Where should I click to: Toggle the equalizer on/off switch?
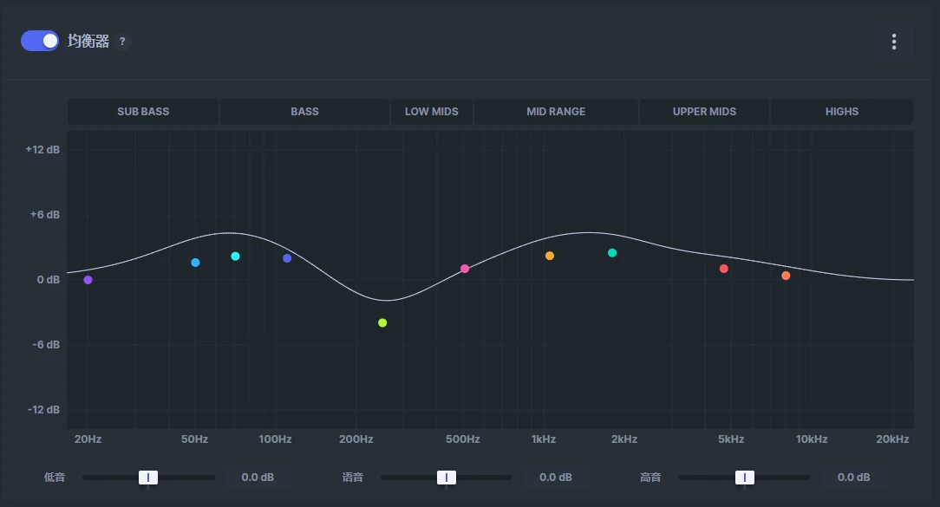pos(40,41)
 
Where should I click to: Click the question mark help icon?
pos(122,42)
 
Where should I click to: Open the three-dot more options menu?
pos(893,42)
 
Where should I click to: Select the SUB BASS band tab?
pos(143,112)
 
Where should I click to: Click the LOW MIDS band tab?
pos(431,112)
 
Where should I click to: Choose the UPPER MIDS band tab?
pos(704,112)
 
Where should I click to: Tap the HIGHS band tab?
pos(841,112)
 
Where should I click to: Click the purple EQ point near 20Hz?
pos(88,280)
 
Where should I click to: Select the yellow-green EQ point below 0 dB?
pos(382,322)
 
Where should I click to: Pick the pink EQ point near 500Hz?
pos(465,269)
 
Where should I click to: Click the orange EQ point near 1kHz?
pos(550,256)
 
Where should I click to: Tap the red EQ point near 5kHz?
pos(724,269)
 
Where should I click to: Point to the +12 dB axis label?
pos(42,150)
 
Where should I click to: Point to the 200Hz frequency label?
pos(356,439)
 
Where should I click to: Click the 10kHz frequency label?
pos(812,439)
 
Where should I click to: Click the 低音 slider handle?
pos(148,478)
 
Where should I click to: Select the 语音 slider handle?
pos(447,478)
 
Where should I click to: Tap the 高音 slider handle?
pos(744,478)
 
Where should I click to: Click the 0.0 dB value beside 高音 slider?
pos(853,478)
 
